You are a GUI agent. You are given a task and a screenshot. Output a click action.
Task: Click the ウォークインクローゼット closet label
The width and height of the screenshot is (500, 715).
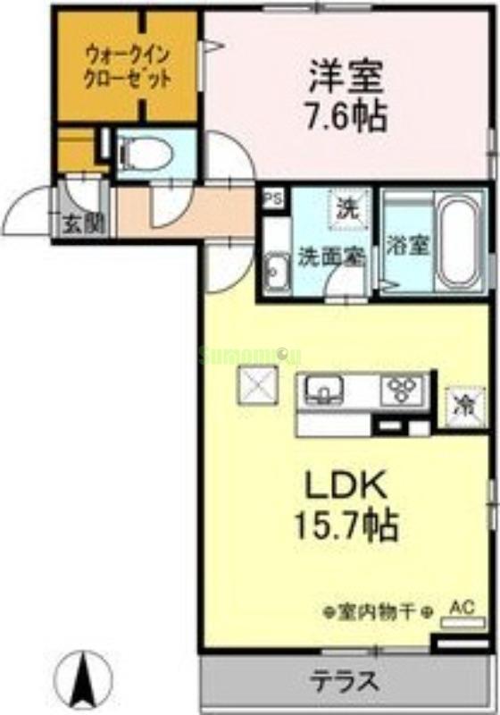pos(127,65)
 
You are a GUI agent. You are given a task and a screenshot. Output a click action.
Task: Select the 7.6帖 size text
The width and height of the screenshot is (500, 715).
pos(346,114)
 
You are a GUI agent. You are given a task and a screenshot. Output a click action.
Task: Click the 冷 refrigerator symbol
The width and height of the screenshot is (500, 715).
pos(464,403)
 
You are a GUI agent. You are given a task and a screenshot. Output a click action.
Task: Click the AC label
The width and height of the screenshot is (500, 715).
pos(460,608)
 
